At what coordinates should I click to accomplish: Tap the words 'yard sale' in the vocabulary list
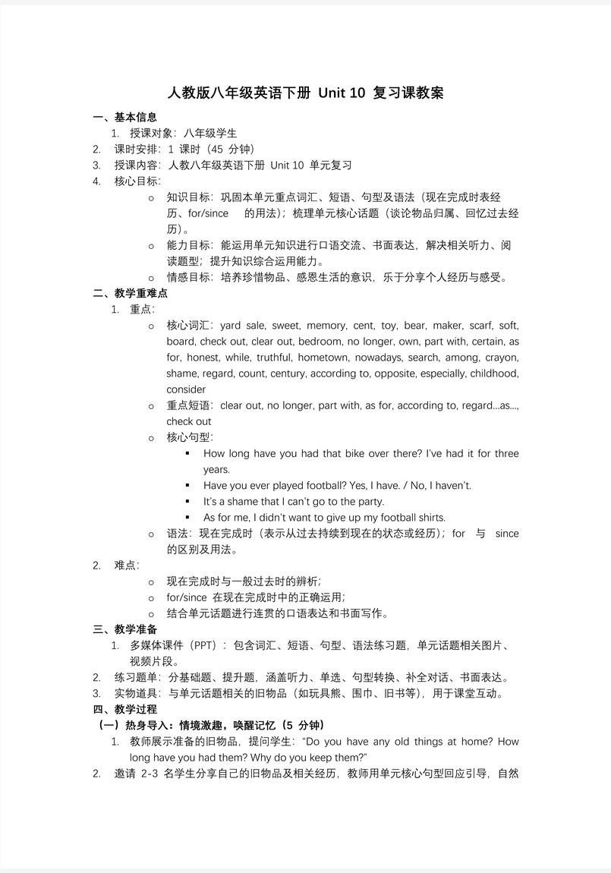(242, 326)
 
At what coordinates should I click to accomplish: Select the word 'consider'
(186, 389)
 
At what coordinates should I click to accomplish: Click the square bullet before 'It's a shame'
(187, 502)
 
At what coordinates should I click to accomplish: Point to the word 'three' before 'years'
(506, 454)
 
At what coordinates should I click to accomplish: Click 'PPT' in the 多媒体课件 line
(204, 645)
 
